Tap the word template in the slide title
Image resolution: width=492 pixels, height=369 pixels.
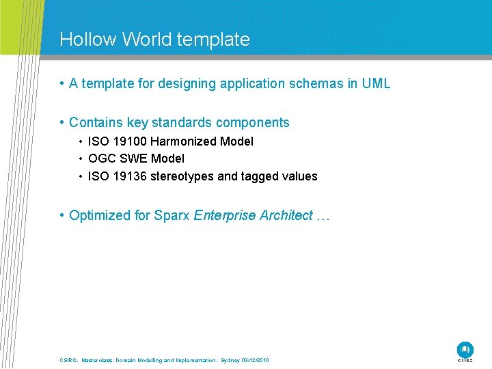[x=213, y=40]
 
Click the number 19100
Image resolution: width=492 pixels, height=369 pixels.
[x=129, y=141]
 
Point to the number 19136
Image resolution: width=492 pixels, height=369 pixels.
[x=129, y=176]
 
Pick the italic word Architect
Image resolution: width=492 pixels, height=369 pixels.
[x=286, y=216]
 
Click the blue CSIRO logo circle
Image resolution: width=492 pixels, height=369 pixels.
[x=465, y=348]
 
